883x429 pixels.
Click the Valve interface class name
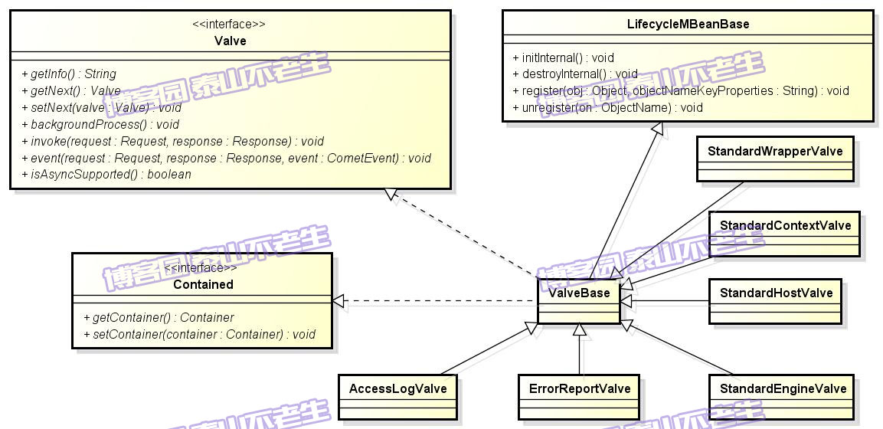(x=230, y=41)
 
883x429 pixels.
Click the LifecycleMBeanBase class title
(x=688, y=25)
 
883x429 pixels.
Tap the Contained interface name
(x=203, y=284)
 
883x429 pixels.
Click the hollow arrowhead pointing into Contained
(x=338, y=302)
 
